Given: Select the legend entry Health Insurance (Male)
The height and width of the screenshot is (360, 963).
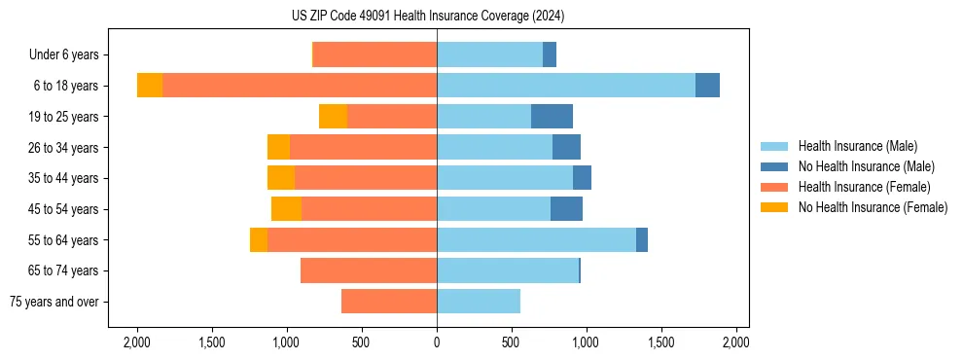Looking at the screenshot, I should pyautogui.click(x=857, y=146).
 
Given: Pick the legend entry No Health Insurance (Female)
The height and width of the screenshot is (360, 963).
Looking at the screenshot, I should pyautogui.click(x=872, y=207).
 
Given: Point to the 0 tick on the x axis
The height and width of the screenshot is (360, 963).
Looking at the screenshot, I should pyautogui.click(x=437, y=342).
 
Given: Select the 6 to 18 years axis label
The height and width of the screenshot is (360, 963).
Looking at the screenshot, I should pyautogui.click(x=66, y=86).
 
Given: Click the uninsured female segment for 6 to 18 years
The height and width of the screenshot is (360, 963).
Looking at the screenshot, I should pyautogui.click(x=150, y=86).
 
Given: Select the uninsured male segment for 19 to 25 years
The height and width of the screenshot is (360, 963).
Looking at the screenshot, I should pyautogui.click(x=552, y=117).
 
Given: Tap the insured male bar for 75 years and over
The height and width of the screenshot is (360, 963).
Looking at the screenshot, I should pyautogui.click(x=479, y=302).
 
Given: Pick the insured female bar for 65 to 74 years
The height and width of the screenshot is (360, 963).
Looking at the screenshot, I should pyautogui.click(x=369, y=270).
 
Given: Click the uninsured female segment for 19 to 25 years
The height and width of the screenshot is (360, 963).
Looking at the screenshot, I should pyautogui.click(x=333, y=117).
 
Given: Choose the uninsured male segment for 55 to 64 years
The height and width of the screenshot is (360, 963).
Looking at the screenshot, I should pyautogui.click(x=642, y=240).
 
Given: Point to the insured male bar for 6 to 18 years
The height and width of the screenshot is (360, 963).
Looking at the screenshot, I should pyautogui.click(x=566, y=86).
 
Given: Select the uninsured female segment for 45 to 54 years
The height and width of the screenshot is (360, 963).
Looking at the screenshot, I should pyautogui.click(x=286, y=209).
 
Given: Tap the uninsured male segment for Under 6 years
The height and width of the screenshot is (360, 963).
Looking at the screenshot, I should pyautogui.click(x=550, y=55).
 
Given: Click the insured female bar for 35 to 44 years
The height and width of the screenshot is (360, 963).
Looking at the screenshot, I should pyautogui.click(x=366, y=178).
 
